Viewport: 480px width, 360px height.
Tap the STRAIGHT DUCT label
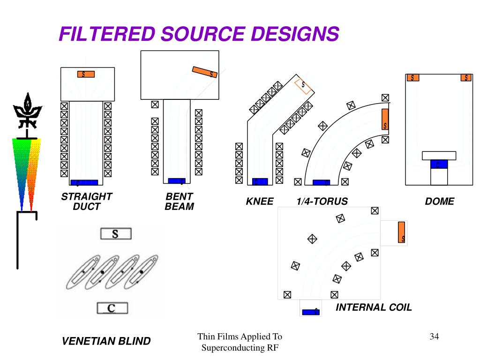(x=87, y=201)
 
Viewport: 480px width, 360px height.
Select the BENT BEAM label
(x=179, y=201)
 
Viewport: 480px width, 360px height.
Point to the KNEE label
(x=260, y=202)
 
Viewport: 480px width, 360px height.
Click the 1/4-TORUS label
(x=322, y=202)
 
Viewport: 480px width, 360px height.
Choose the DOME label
(x=440, y=202)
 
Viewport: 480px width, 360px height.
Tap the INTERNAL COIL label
(x=374, y=307)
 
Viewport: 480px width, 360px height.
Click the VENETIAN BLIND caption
(x=106, y=341)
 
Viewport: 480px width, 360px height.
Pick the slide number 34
(x=434, y=336)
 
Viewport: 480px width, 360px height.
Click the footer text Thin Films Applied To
(x=240, y=336)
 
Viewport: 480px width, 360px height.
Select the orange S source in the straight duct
(x=86, y=74)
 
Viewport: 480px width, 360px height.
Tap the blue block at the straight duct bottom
(x=84, y=182)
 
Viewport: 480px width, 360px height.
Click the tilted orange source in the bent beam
(x=205, y=72)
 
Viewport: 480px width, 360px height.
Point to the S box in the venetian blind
(x=115, y=233)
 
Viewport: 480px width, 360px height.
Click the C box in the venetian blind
(x=112, y=308)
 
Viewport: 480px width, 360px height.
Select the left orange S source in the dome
(x=412, y=78)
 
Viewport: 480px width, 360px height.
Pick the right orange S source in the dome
(x=466, y=78)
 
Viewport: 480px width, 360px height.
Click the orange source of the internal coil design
(x=401, y=232)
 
